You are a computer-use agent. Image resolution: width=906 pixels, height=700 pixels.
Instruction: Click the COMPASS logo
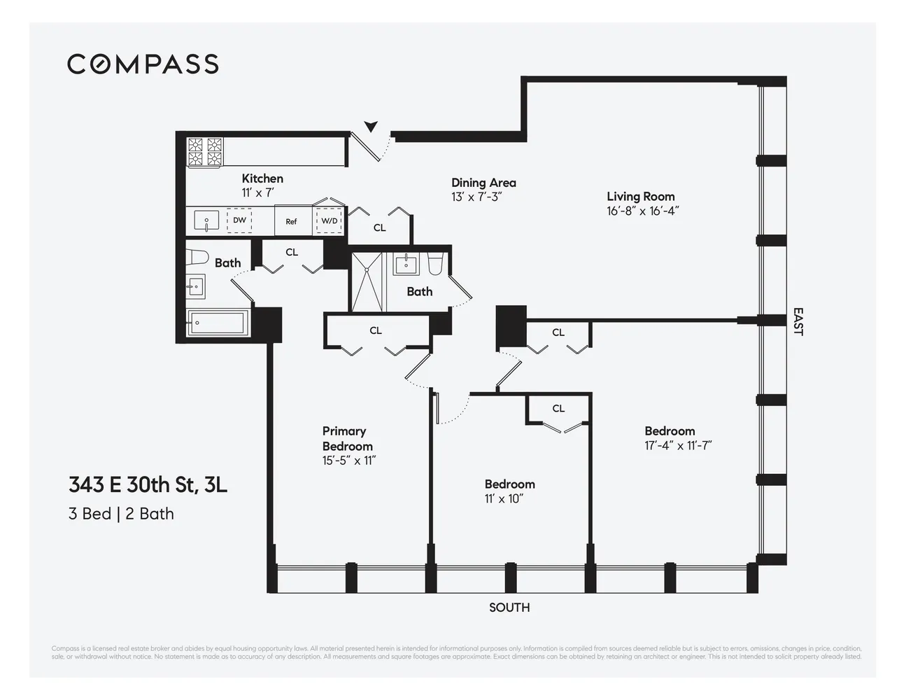[143, 64]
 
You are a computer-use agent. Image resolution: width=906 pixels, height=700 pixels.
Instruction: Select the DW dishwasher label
[239, 220]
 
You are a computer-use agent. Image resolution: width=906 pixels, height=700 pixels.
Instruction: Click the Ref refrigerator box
[291, 221]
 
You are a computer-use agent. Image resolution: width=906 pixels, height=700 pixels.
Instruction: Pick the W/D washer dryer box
[329, 220]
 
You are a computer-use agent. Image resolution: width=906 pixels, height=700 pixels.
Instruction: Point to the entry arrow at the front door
[371, 126]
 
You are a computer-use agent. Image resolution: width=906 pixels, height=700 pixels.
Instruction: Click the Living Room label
[640, 197]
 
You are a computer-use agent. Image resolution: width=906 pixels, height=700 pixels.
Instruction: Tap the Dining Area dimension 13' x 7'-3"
[476, 197]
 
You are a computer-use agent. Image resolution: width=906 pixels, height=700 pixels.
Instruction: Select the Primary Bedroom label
[347, 439]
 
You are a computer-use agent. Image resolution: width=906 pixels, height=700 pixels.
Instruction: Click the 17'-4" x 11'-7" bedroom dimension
[678, 446]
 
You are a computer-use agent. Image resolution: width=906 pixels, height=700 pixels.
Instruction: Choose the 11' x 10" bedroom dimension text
[504, 499]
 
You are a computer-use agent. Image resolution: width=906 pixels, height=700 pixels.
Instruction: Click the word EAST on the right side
[798, 321]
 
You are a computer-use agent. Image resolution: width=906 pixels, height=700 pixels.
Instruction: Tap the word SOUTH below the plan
[509, 608]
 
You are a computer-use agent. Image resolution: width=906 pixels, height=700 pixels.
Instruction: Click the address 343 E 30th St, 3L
[148, 484]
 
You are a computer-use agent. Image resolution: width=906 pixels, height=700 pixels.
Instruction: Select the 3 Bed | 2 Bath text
[121, 514]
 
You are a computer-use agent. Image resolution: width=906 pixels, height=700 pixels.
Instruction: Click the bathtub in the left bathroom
[217, 323]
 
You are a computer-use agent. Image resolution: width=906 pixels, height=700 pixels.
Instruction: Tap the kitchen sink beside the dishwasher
[206, 220]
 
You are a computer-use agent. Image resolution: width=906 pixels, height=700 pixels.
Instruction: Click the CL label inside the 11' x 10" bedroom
[558, 409]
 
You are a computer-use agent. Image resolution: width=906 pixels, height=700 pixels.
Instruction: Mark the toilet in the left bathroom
[197, 257]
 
